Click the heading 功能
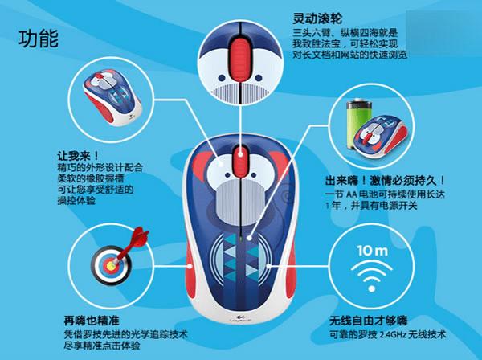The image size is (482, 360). tap(39, 39)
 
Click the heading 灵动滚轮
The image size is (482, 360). tap(317, 18)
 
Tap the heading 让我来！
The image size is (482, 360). tap(79, 156)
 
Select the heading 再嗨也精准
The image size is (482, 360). tap(92, 321)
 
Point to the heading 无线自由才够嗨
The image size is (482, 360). tap(368, 321)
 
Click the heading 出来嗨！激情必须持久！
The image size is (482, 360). tap(385, 181)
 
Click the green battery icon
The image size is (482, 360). tap(357, 124)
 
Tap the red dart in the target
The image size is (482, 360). tap(133, 244)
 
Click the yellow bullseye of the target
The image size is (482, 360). tap(111, 264)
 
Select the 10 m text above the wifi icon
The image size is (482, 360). tap(372, 251)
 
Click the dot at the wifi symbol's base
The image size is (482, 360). tap(372, 288)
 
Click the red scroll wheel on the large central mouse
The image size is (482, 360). tap(240, 162)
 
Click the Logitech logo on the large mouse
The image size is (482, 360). tap(240, 318)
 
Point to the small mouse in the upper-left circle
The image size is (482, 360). tap(112, 98)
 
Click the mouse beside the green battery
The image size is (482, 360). tap(380, 137)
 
